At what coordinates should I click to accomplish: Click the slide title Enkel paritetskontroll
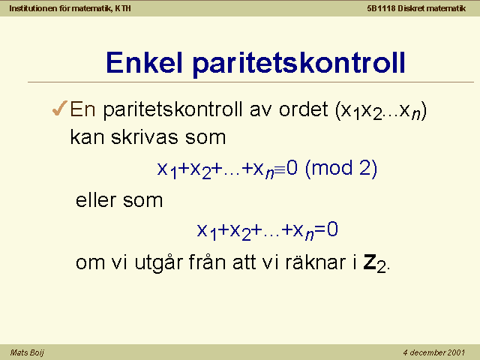256,63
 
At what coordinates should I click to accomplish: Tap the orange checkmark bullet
60,108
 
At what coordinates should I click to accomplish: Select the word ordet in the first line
303,109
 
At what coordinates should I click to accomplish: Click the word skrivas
144,136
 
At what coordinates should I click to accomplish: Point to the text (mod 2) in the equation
341,168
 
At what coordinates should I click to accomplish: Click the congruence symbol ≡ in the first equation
280,169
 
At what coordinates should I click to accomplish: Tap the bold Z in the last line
370,262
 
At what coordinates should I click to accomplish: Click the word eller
95,200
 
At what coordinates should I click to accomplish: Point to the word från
207,262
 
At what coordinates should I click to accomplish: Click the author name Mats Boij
27,352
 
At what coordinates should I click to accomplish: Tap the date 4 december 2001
433,352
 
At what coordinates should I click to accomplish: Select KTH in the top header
123,8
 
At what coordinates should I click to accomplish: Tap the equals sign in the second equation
320,229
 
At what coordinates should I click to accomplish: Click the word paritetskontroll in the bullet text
172,109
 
